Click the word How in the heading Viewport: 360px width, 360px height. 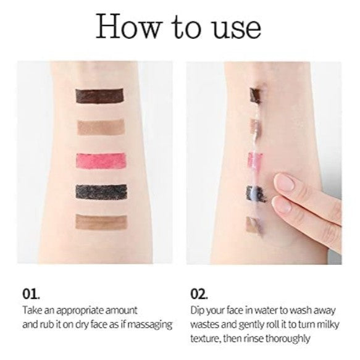click(x=128, y=26)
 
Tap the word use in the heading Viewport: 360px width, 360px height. click(x=237, y=29)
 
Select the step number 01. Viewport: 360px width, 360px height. click(x=31, y=294)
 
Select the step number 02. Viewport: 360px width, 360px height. click(x=199, y=294)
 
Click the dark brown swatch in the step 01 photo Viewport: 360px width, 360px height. click(x=99, y=96)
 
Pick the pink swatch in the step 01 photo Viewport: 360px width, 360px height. click(x=101, y=161)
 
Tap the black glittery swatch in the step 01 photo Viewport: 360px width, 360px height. click(x=101, y=192)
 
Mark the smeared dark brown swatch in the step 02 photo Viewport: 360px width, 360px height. click(x=256, y=94)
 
